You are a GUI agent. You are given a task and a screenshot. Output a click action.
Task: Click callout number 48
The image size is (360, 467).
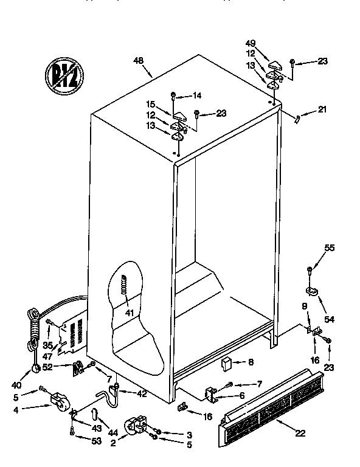coord(139,60)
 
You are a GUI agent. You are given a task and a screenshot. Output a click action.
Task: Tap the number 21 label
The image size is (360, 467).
coord(322,109)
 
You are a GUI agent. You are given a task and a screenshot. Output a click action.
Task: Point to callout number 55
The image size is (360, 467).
coord(329,247)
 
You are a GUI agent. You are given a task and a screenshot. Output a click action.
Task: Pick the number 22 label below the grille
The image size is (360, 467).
coord(300,432)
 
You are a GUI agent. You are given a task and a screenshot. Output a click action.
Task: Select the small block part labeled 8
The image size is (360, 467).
coord(227,363)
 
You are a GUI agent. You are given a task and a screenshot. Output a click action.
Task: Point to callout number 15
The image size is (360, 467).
coord(151,104)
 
